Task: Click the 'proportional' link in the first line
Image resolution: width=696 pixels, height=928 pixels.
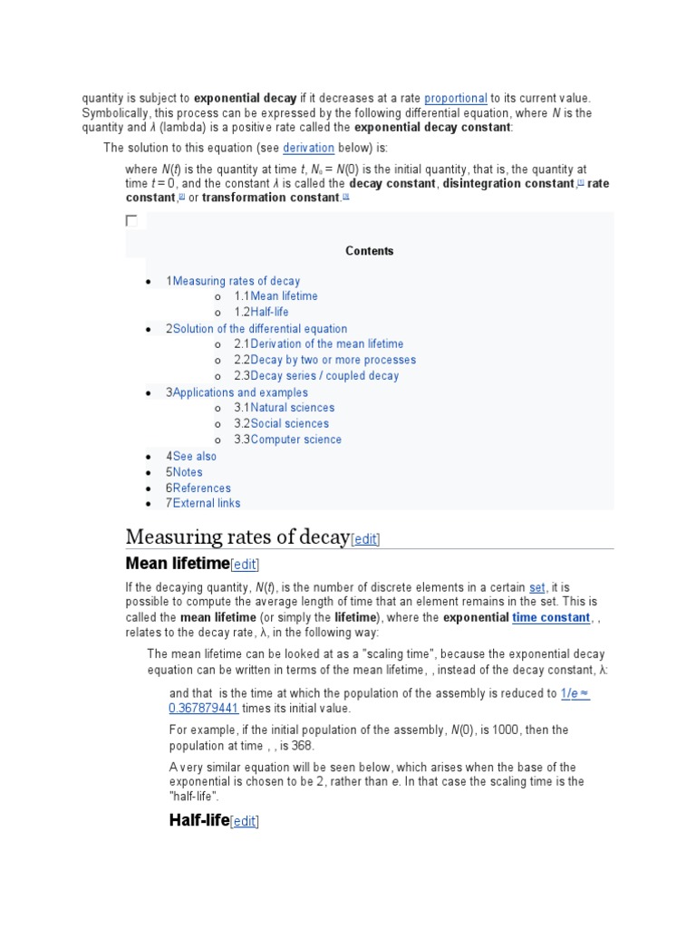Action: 455,98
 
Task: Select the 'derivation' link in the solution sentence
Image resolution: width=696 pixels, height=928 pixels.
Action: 308,148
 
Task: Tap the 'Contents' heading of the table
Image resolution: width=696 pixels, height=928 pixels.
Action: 369,251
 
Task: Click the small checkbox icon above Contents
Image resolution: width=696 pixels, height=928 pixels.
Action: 131,221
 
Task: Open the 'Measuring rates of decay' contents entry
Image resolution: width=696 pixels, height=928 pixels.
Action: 236,281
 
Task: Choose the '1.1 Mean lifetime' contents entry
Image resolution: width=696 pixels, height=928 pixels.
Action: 284,296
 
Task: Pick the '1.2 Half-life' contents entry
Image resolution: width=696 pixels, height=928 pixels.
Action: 269,312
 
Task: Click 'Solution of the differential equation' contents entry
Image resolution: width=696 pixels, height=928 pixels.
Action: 259,329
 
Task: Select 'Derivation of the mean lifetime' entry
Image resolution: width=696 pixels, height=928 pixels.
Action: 326,344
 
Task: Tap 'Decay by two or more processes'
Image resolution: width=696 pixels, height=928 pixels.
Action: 333,360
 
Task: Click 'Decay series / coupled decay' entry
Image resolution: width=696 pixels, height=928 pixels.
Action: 324,376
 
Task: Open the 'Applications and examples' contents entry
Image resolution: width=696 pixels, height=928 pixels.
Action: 239,392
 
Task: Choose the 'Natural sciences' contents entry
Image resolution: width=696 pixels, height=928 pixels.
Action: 292,408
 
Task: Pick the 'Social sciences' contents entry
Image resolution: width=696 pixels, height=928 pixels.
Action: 289,423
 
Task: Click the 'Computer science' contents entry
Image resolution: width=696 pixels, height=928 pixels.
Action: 295,440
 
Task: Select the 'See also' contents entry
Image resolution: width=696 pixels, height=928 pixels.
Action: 194,456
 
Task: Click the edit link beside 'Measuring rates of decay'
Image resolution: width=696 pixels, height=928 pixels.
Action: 365,539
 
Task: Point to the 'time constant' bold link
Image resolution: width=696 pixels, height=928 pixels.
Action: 551,617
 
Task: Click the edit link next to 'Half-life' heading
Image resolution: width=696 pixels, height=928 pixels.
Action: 244,822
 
